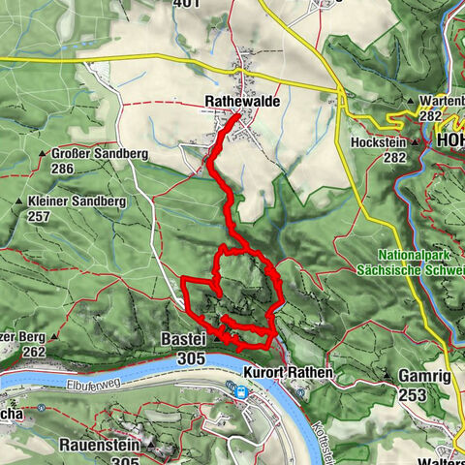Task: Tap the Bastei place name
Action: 182,340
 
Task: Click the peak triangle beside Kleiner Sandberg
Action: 19,201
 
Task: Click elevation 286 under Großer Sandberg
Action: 63,169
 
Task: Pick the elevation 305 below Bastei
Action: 192,358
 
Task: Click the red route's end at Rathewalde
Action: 239,115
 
